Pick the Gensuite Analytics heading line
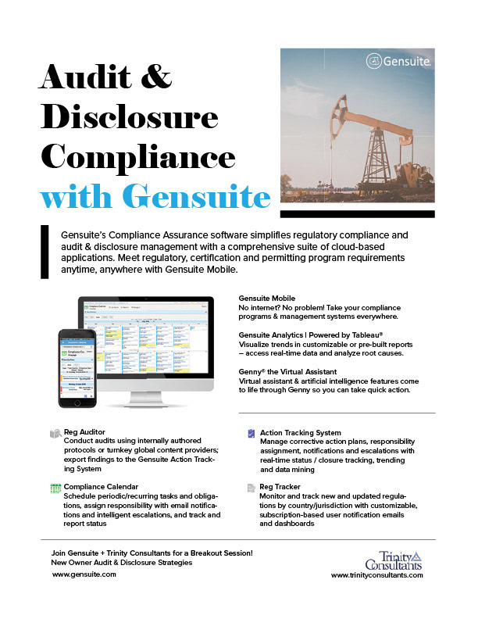(x=312, y=334)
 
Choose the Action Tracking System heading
(x=301, y=432)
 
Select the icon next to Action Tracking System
(x=251, y=432)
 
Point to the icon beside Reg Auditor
(x=55, y=432)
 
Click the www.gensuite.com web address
(x=84, y=574)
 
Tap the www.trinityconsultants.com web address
(x=377, y=574)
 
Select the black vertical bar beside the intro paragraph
(x=44, y=250)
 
